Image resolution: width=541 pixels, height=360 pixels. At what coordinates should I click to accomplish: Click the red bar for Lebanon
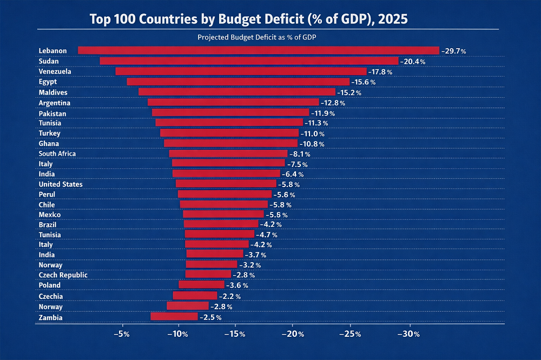259,50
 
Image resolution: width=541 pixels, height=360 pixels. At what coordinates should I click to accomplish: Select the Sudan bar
249,61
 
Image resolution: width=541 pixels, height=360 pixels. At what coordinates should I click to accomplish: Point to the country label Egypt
48,82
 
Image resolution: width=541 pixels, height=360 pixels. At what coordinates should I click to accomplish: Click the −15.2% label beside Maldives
349,92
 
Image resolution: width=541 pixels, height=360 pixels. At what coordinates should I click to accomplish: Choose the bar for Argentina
233,102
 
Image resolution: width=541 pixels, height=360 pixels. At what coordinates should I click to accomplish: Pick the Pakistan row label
52,114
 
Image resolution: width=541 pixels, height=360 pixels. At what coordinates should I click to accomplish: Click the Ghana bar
230,143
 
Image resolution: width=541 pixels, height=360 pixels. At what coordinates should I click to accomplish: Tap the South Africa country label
57,154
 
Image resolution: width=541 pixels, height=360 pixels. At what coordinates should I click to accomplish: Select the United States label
61,184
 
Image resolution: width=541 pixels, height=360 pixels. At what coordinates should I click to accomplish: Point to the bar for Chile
223,204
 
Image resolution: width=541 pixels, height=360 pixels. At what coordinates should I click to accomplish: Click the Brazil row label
48,224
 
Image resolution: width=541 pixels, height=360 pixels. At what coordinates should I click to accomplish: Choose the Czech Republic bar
208,274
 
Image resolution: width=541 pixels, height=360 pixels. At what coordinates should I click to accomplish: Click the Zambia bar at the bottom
174,317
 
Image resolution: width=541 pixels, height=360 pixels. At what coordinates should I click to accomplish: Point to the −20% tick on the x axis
292,334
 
